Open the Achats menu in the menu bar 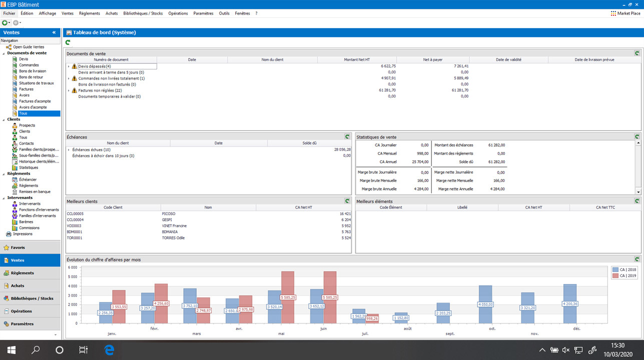112,13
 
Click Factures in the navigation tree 26,89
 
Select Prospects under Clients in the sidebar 27,125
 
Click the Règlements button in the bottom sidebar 22,273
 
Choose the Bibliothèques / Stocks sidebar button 32,298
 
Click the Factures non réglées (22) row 100,90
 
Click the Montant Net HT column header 357,59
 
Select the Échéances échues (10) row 91,149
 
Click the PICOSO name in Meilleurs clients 169,213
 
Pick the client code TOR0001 75,237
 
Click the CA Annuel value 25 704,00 420,162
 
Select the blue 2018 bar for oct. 485,300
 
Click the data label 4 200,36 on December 570,303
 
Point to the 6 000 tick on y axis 73,267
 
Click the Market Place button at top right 626,13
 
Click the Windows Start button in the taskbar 11,349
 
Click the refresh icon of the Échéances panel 347,136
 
